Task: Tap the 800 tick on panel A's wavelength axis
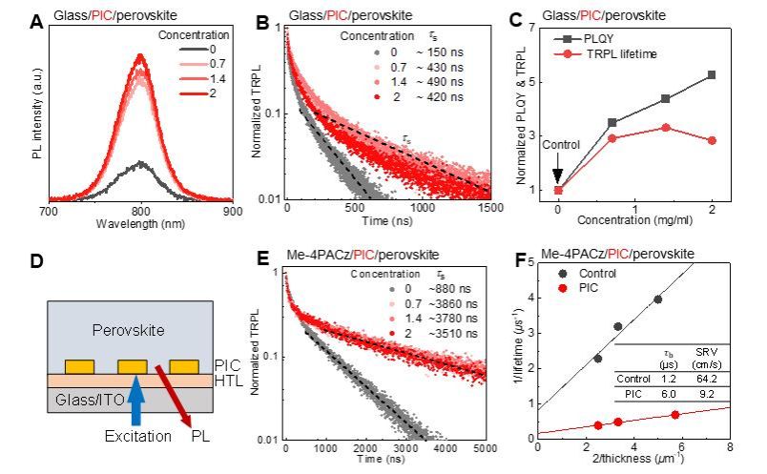point(141,211)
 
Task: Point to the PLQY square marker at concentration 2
point(711,74)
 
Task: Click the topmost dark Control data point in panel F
point(657,299)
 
